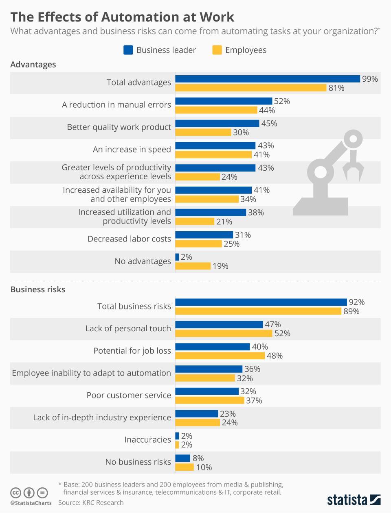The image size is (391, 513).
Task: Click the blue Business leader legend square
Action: (x=128, y=50)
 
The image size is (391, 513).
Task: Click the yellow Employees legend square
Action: (x=217, y=50)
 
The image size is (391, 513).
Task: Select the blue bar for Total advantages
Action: (x=268, y=79)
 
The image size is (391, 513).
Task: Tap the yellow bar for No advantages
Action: (x=193, y=266)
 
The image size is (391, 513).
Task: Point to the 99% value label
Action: (x=370, y=79)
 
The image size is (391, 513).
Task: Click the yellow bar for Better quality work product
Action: (x=203, y=132)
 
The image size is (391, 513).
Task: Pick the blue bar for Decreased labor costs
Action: (x=204, y=235)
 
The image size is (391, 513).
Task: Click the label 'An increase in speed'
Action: (x=132, y=149)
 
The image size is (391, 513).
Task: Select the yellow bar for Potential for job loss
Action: (x=220, y=356)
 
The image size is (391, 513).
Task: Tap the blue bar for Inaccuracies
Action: (x=177, y=436)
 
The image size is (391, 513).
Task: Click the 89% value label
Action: (x=351, y=311)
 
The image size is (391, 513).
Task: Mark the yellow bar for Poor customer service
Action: (x=210, y=400)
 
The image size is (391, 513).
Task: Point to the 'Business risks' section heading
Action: (x=38, y=289)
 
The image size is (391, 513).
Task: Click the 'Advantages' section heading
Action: (x=33, y=64)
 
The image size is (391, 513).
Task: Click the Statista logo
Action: (x=354, y=500)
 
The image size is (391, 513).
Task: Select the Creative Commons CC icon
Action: (x=16, y=493)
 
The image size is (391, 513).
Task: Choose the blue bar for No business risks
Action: (x=182, y=458)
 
